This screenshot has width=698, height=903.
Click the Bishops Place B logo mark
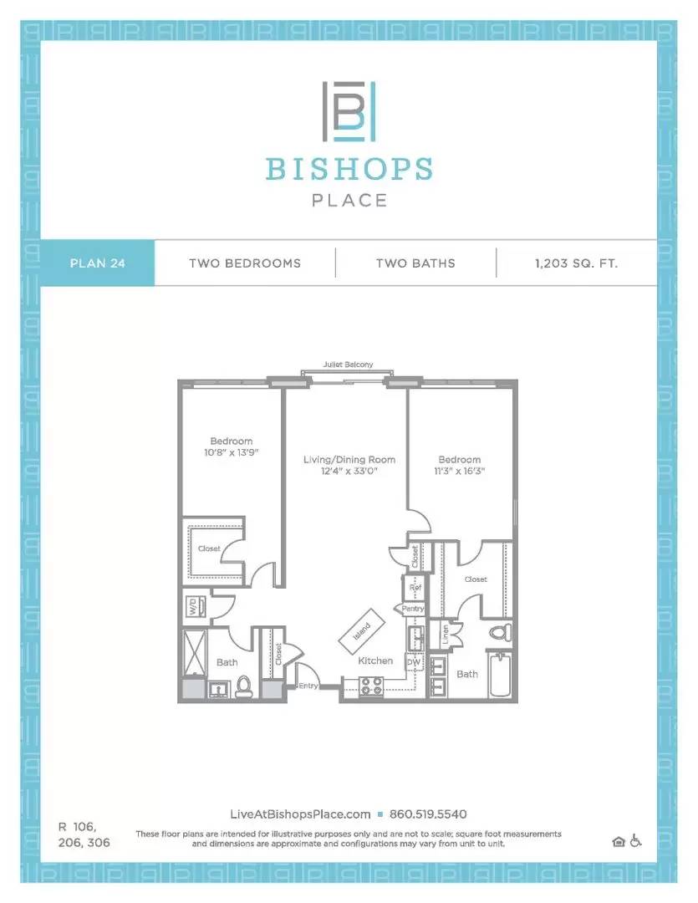349,111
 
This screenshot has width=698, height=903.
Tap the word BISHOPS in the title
349,169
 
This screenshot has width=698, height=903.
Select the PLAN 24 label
97,263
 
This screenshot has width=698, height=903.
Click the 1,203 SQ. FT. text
576,263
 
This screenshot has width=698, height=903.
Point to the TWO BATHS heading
415,263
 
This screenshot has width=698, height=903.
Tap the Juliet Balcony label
348,365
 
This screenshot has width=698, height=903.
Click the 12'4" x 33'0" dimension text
349,471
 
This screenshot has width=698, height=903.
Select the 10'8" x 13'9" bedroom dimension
231,452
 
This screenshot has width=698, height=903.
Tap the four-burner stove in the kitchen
371,686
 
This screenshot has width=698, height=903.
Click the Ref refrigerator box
415,588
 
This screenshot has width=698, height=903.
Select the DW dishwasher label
414,662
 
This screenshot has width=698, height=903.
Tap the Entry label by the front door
308,686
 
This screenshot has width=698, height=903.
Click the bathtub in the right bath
499,674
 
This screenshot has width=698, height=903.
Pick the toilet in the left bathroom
244,686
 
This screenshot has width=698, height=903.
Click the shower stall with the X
194,652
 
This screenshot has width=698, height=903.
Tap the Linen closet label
446,635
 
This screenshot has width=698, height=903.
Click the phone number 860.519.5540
428,814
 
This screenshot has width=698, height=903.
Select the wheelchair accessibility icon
635,841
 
